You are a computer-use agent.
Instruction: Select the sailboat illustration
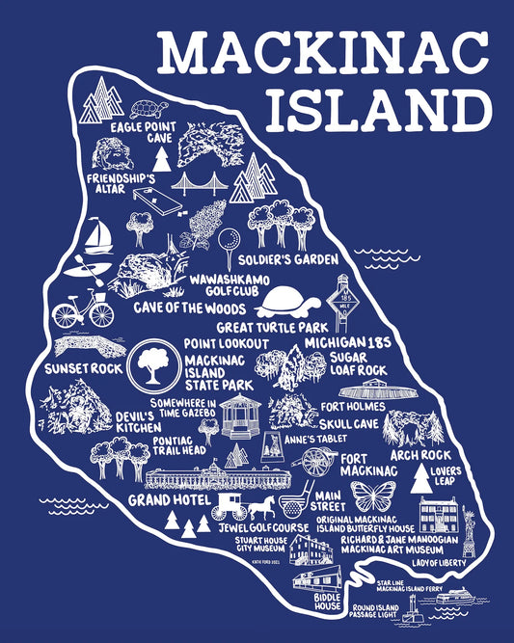(x=95, y=234)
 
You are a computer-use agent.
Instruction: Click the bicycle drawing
(x=83, y=310)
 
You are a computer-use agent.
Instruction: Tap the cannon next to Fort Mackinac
(x=316, y=462)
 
